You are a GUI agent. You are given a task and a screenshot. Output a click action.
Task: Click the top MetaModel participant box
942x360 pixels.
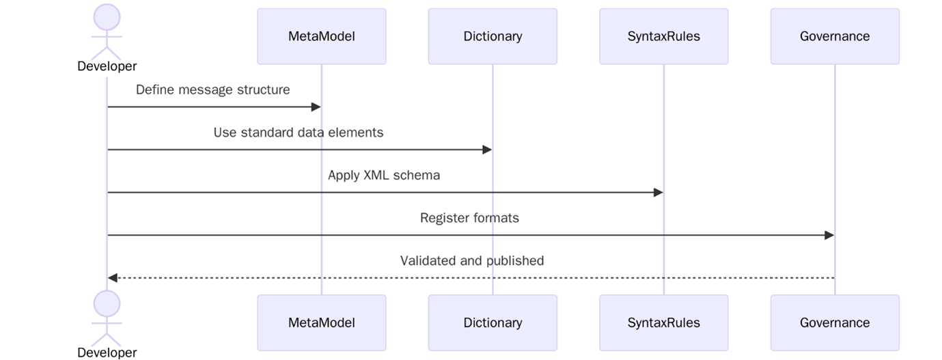pyautogui.click(x=321, y=36)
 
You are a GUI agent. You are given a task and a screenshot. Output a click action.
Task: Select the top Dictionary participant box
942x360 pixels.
pyautogui.click(x=493, y=36)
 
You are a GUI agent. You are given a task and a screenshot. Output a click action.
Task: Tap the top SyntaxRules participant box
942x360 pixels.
pyautogui.click(x=663, y=36)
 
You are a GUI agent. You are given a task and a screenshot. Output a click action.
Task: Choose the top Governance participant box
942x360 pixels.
pyautogui.click(x=835, y=36)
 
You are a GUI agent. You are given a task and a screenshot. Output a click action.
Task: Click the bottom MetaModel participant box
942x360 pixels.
pyautogui.click(x=321, y=322)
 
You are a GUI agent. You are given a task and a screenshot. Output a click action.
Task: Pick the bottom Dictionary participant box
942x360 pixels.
pyautogui.click(x=493, y=322)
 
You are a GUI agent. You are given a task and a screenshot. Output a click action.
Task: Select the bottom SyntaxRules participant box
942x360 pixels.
pyautogui.click(x=663, y=322)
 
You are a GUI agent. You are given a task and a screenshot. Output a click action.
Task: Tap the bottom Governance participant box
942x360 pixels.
pyautogui.click(x=835, y=322)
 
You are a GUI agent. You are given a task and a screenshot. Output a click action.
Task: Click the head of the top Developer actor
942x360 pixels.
pyautogui.click(x=107, y=17)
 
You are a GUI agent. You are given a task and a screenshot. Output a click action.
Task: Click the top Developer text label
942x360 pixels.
pyautogui.click(x=107, y=66)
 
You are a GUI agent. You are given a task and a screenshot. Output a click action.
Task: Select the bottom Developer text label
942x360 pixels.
pyautogui.click(x=107, y=352)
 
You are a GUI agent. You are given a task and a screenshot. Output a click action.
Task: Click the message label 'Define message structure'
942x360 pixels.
pyautogui.click(x=212, y=89)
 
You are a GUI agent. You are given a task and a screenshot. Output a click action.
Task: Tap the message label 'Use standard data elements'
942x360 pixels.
pyautogui.click(x=299, y=133)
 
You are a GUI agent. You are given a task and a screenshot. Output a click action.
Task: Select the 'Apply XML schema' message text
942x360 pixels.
pyautogui.click(x=384, y=175)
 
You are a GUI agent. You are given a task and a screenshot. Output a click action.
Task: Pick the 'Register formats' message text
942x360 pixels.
pyautogui.click(x=469, y=218)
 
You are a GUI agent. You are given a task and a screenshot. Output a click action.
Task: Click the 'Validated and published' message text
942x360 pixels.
pyautogui.click(x=471, y=260)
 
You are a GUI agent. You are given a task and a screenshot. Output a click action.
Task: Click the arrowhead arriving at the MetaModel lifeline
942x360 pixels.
pyautogui.click(x=316, y=107)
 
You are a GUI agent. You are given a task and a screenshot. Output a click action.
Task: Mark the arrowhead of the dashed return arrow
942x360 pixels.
pyautogui.click(x=113, y=278)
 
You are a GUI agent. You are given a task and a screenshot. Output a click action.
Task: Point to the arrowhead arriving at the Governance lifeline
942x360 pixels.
pyautogui.click(x=829, y=235)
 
